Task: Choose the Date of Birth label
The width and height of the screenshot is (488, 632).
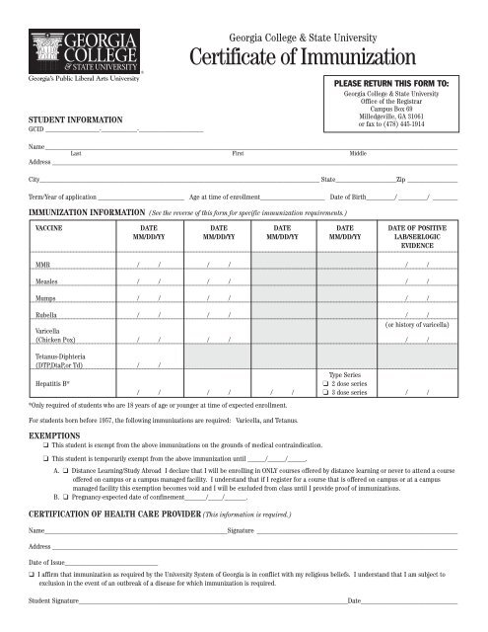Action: [x=352, y=198]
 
